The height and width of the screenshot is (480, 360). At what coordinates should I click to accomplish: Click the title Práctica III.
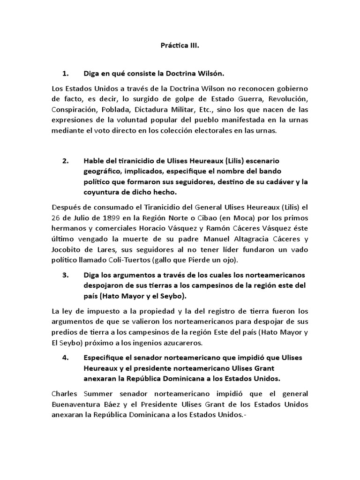180,47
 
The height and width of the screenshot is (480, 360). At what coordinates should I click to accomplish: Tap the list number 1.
65,74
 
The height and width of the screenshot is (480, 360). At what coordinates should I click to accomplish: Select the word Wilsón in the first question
209,74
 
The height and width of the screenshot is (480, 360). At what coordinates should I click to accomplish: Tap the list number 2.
65,161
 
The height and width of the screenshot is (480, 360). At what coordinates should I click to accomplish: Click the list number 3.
65,276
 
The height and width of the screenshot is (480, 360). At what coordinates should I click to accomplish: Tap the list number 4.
65,358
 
